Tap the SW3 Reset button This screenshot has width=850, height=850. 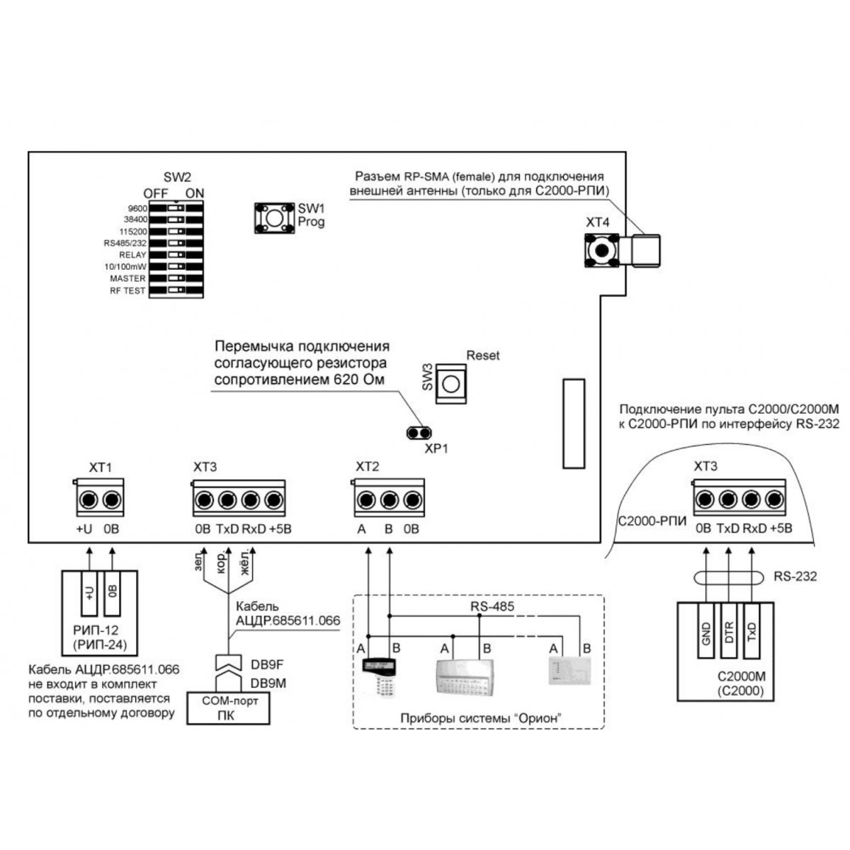[x=450, y=384]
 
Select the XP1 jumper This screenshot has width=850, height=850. [x=419, y=432]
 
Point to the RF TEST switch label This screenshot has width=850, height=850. [x=127, y=290]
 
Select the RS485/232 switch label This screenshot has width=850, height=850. [x=125, y=243]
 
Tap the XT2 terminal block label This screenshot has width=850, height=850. [x=368, y=467]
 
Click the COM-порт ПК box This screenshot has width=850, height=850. [x=227, y=708]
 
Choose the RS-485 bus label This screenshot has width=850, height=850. [x=493, y=606]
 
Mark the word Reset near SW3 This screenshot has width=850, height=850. [x=483, y=356]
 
